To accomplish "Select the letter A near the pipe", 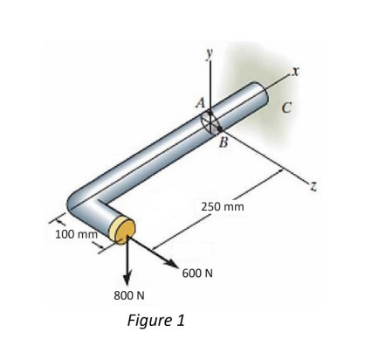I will (x=201, y=103).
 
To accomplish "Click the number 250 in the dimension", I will (x=213, y=208).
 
